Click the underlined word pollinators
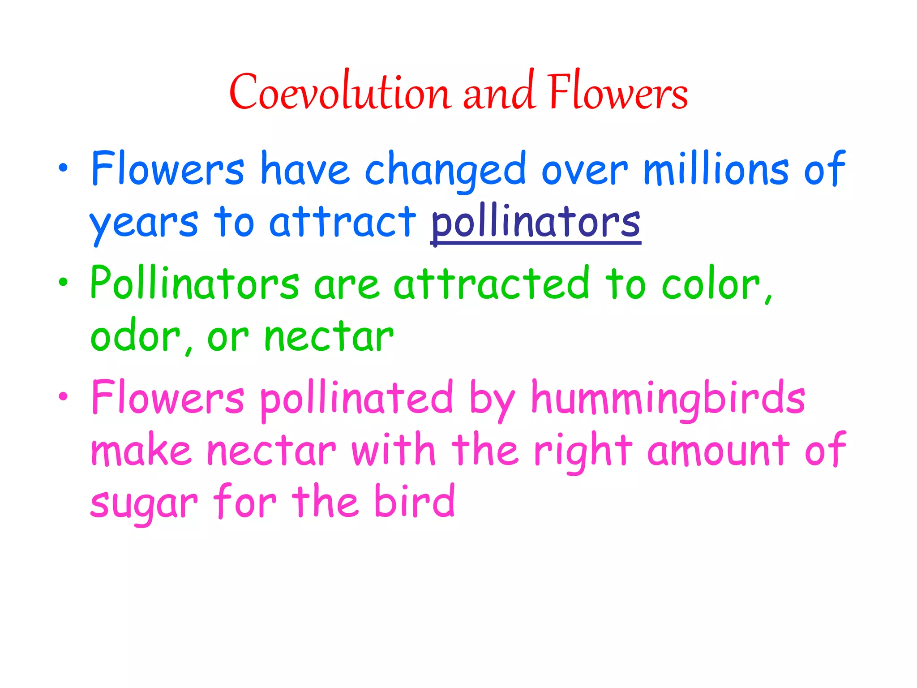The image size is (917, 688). click(x=536, y=223)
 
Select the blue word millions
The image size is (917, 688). click(x=716, y=169)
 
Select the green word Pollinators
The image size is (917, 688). click(x=195, y=283)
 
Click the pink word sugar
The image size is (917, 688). click(x=144, y=503)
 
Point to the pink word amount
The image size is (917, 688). click(x=718, y=451)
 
